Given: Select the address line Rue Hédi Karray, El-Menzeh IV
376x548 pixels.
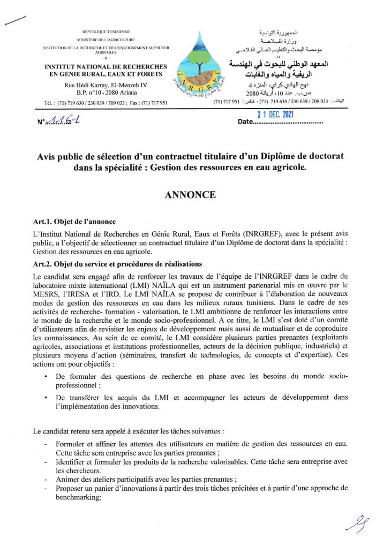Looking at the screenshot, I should (108, 85).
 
